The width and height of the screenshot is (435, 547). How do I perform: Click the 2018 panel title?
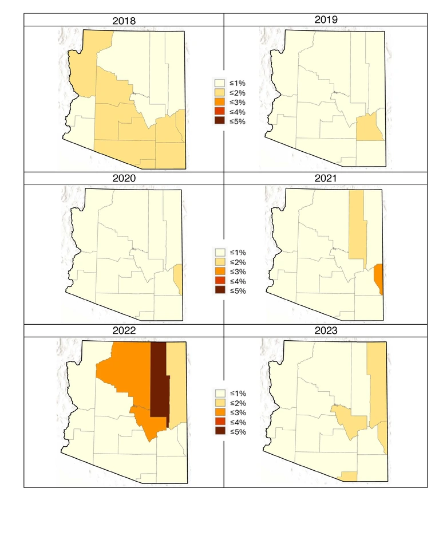pos(124,21)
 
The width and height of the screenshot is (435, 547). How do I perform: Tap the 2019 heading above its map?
pos(326,19)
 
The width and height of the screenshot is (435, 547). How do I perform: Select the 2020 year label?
pos(124,178)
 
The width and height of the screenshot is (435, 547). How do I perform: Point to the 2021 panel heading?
pos(326,178)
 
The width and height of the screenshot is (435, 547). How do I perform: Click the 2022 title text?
pos(124,330)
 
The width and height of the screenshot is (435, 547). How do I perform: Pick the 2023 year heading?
pos(326,330)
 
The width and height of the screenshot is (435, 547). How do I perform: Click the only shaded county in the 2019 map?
pos(369,127)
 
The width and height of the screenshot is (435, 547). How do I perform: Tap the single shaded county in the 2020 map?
pos(179,278)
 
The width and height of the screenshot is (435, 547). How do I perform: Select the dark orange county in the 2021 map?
pos(378,278)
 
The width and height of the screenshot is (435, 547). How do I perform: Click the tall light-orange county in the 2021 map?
pos(357,226)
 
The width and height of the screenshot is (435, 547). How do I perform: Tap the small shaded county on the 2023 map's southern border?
pos(348,476)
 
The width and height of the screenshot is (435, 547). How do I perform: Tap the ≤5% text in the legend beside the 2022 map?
pos(238,432)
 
